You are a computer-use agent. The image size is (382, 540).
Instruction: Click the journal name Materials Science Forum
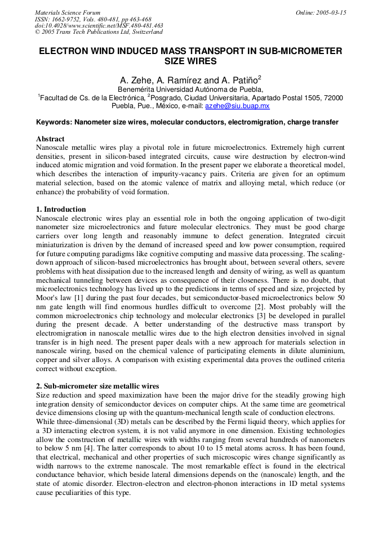click(68, 12)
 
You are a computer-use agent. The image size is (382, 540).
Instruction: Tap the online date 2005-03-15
click(330, 12)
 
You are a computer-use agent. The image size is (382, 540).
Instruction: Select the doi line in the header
click(99, 25)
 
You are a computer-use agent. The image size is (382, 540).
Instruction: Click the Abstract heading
click(50, 139)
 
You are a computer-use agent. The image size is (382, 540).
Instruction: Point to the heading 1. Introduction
click(61, 209)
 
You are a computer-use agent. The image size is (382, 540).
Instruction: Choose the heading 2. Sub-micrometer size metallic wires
click(97, 386)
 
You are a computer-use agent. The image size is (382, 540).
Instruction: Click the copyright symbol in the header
click(38, 32)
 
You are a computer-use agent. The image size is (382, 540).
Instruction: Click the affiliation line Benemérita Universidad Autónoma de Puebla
click(190, 89)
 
